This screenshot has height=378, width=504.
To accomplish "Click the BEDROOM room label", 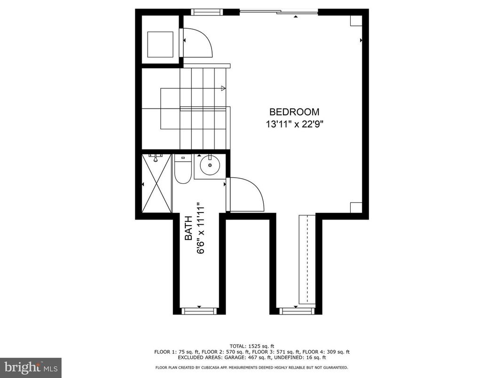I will [x=294, y=112].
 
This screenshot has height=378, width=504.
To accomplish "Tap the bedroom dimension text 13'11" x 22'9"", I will [x=294, y=125].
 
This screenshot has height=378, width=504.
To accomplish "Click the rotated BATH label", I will [x=188, y=228].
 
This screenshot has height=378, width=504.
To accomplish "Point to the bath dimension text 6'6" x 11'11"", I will [x=202, y=228].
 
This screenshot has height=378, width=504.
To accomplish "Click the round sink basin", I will [x=210, y=165].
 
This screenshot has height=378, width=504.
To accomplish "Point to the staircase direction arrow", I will [x=223, y=88].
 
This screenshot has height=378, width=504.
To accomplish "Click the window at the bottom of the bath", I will [x=199, y=310].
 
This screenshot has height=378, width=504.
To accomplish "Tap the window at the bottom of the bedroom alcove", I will [x=296, y=310].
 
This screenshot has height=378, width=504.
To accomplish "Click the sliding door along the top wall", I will [x=279, y=12].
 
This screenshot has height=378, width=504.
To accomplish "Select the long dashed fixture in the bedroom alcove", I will [x=307, y=259].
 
